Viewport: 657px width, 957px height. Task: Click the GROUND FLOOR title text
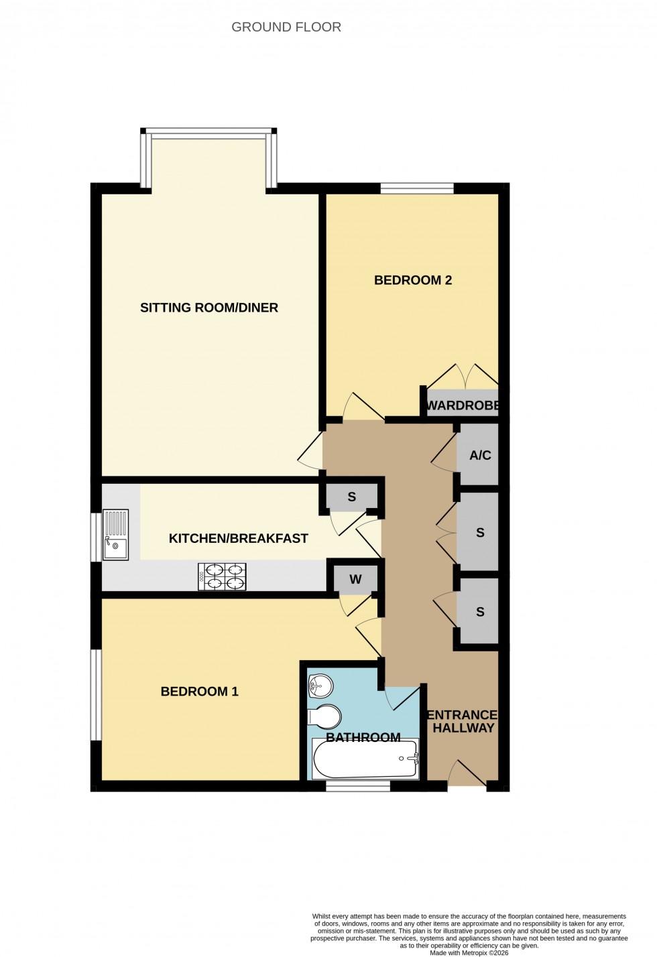click(x=286, y=27)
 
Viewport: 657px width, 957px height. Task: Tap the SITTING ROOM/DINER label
click(x=208, y=308)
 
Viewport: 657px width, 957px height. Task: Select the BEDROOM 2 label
click(x=412, y=280)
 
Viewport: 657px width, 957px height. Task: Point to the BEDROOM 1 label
click(x=199, y=692)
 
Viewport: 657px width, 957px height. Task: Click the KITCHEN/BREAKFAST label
click(x=238, y=538)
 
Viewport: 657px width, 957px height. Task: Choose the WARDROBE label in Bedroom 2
click(x=463, y=405)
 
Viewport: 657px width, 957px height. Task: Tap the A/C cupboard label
click(x=480, y=456)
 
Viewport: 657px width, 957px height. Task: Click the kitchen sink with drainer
click(x=115, y=535)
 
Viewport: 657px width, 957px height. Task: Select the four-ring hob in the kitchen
click(x=222, y=576)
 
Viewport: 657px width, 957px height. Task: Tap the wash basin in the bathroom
click(x=320, y=685)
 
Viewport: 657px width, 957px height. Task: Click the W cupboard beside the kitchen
click(x=355, y=580)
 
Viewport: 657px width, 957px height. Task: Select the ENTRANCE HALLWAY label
click(x=463, y=721)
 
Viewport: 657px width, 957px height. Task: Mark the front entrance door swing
click(x=467, y=773)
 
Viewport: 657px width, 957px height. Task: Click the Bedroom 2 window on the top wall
click(x=416, y=189)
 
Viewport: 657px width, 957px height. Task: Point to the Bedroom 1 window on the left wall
click(x=97, y=694)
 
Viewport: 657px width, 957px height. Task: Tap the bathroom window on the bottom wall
click(x=358, y=786)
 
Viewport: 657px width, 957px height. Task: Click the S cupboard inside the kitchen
click(x=351, y=498)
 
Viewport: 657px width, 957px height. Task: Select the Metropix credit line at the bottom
click(x=469, y=952)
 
